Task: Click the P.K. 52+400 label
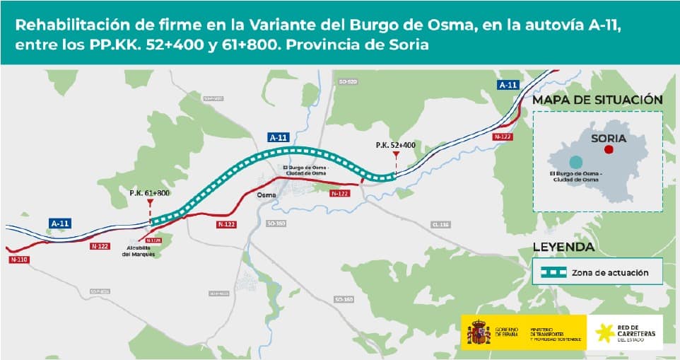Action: (396, 145)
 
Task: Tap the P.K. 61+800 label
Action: (150, 193)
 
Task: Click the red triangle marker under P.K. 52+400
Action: (396, 154)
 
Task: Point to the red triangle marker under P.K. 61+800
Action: (150, 202)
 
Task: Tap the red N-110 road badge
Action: (19, 260)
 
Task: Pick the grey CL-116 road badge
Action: (440, 225)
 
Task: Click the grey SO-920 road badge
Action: (348, 83)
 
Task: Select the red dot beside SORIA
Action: (609, 150)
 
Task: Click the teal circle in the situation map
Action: (576, 161)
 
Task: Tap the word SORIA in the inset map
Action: (609, 138)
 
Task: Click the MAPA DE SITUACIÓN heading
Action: (597, 100)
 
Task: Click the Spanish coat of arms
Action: (479, 332)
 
